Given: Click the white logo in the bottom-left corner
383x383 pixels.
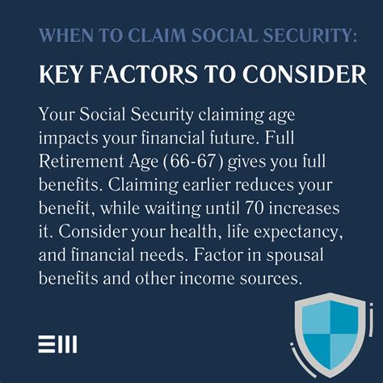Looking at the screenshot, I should pyautogui.click(x=58, y=345).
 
